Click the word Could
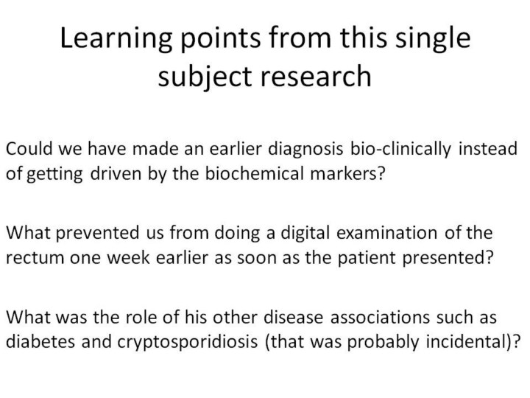29,149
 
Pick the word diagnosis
305,150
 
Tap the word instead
488,149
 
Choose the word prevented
97,234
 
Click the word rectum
35,258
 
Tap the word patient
367,259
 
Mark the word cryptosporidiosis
188,343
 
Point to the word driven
116,173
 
